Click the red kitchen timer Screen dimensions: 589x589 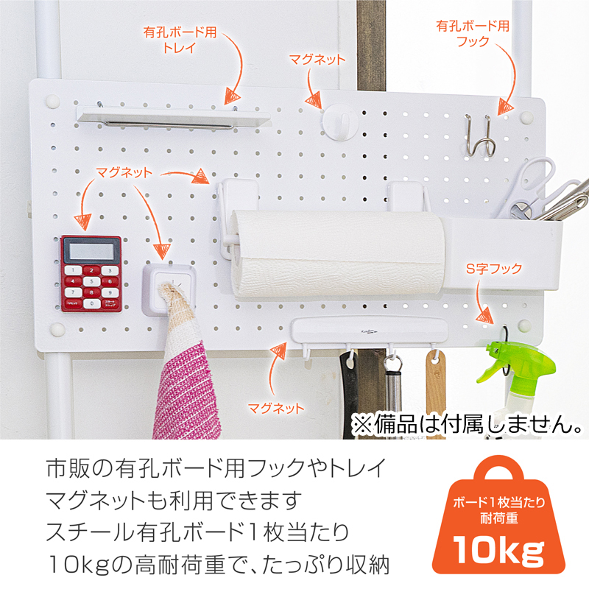[x=91, y=274]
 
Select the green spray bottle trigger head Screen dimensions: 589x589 [x=515, y=361]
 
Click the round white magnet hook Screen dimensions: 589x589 [x=341, y=122]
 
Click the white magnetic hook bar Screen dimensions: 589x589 [x=370, y=333]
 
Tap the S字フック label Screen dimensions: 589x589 [x=494, y=268]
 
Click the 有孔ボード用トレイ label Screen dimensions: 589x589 [x=180, y=40]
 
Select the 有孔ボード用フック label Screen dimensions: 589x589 [x=473, y=33]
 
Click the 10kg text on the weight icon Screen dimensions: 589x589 [x=498, y=549]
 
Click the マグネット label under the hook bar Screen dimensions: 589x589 [x=276, y=408]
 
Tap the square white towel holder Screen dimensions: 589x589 [x=169, y=289]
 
